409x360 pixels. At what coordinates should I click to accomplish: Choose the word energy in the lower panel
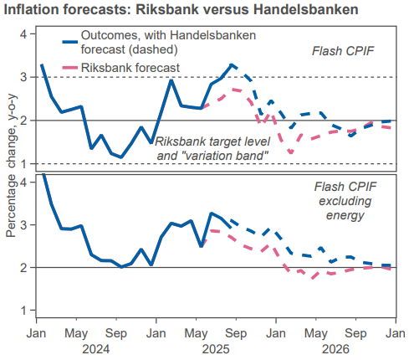coord(345,216)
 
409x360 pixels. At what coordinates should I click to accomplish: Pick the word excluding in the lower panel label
coord(345,201)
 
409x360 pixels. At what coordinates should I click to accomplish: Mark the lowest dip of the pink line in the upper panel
coord(289,152)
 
